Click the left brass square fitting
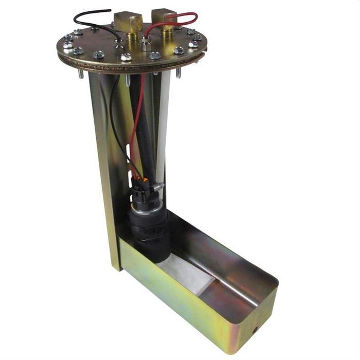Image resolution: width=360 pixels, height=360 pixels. [128, 22]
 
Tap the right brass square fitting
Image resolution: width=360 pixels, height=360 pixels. [164, 19]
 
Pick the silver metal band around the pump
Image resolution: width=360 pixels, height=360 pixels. [149, 206]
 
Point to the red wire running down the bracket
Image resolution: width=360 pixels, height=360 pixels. [135, 134]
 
